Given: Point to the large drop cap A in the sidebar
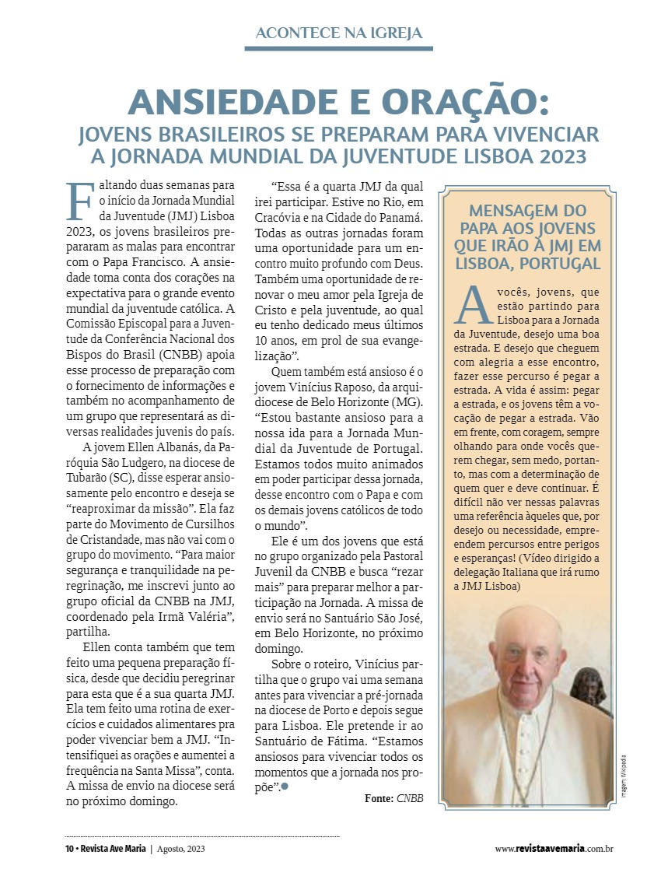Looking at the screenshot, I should pyautogui.click(x=474, y=307).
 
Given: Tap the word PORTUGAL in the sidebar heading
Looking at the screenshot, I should pyautogui.click(x=560, y=262).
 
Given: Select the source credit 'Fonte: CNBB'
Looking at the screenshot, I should pyautogui.click(x=393, y=798).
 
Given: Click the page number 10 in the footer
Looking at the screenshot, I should pyautogui.click(x=69, y=848).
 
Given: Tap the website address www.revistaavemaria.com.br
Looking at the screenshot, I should pyautogui.click(x=554, y=848).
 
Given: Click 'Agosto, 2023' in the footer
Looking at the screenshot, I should pyautogui.click(x=181, y=848).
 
